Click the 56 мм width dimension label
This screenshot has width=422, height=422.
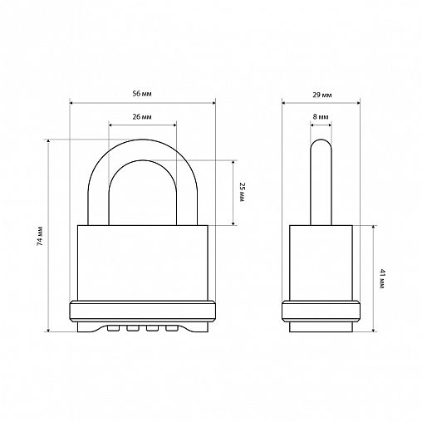(x=142, y=94)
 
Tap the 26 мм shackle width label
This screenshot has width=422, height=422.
(x=142, y=117)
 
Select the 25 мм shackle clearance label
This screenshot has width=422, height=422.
(x=242, y=192)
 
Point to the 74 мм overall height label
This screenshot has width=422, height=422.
(x=40, y=236)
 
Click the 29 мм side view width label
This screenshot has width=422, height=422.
(x=322, y=95)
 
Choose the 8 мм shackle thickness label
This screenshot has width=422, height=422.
(x=321, y=117)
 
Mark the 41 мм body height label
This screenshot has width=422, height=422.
(x=382, y=278)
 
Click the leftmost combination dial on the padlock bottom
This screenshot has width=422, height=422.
(x=113, y=328)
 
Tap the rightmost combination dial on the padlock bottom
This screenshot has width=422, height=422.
(x=171, y=328)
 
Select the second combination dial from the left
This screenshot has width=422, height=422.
(x=133, y=328)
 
